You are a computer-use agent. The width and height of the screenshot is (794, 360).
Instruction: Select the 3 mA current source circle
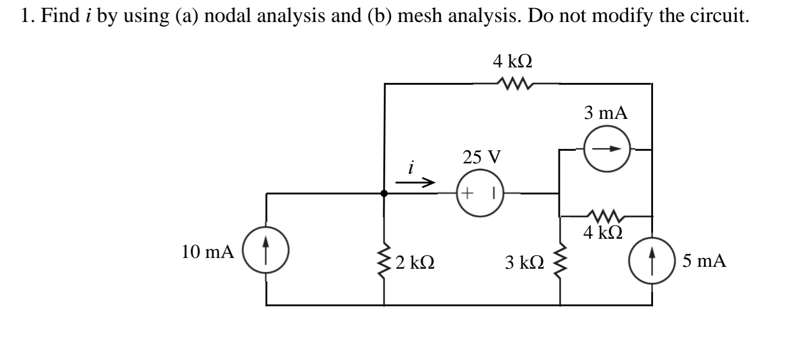point(607,149)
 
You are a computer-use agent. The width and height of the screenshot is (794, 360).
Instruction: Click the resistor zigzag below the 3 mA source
point(607,216)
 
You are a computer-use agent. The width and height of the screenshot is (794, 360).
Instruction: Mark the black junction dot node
point(384,193)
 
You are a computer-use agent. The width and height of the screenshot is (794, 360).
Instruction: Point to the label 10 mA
point(207,252)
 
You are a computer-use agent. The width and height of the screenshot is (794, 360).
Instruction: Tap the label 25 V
point(482,157)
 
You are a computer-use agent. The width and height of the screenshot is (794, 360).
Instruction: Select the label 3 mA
point(606,113)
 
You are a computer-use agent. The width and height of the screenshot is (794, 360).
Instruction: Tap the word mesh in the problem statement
point(419,15)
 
